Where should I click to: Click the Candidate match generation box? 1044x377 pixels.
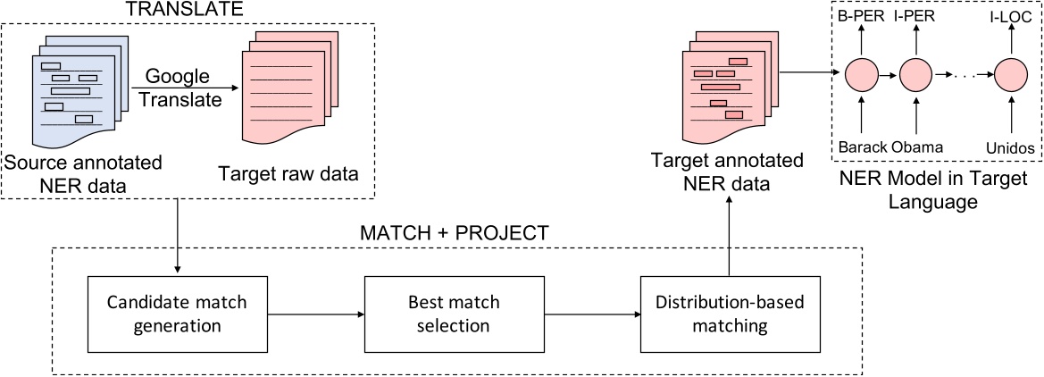(x=178, y=314)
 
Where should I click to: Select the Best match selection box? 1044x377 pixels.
(x=454, y=314)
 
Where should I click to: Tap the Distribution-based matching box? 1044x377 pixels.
(x=731, y=314)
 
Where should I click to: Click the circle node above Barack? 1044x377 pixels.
(x=861, y=74)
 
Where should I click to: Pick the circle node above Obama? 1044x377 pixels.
(x=915, y=74)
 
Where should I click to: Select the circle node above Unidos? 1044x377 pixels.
(x=1010, y=74)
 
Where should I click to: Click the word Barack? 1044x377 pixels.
(x=860, y=146)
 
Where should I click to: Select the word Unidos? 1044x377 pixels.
(x=1009, y=146)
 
